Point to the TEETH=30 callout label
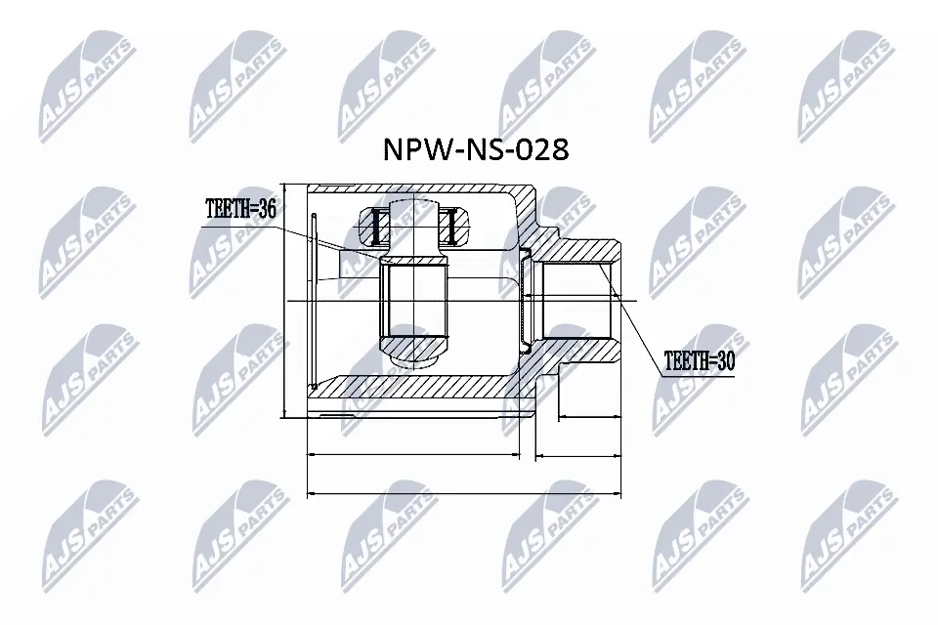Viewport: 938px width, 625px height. click(698, 360)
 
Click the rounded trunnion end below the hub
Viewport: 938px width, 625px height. click(415, 358)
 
